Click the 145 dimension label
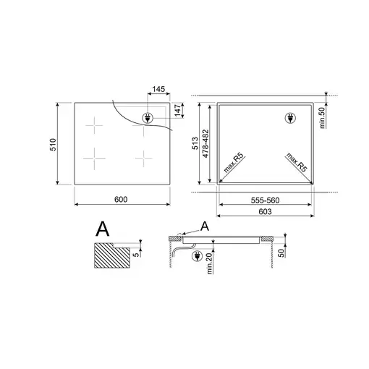(x=158, y=89)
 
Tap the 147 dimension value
(x=178, y=111)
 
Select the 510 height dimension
(x=53, y=145)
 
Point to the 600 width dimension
(x=121, y=200)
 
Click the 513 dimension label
(x=195, y=143)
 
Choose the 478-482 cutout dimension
(x=205, y=144)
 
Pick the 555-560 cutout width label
(x=265, y=200)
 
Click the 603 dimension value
(x=265, y=211)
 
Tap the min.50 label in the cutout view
(x=322, y=118)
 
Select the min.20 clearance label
(x=209, y=263)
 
